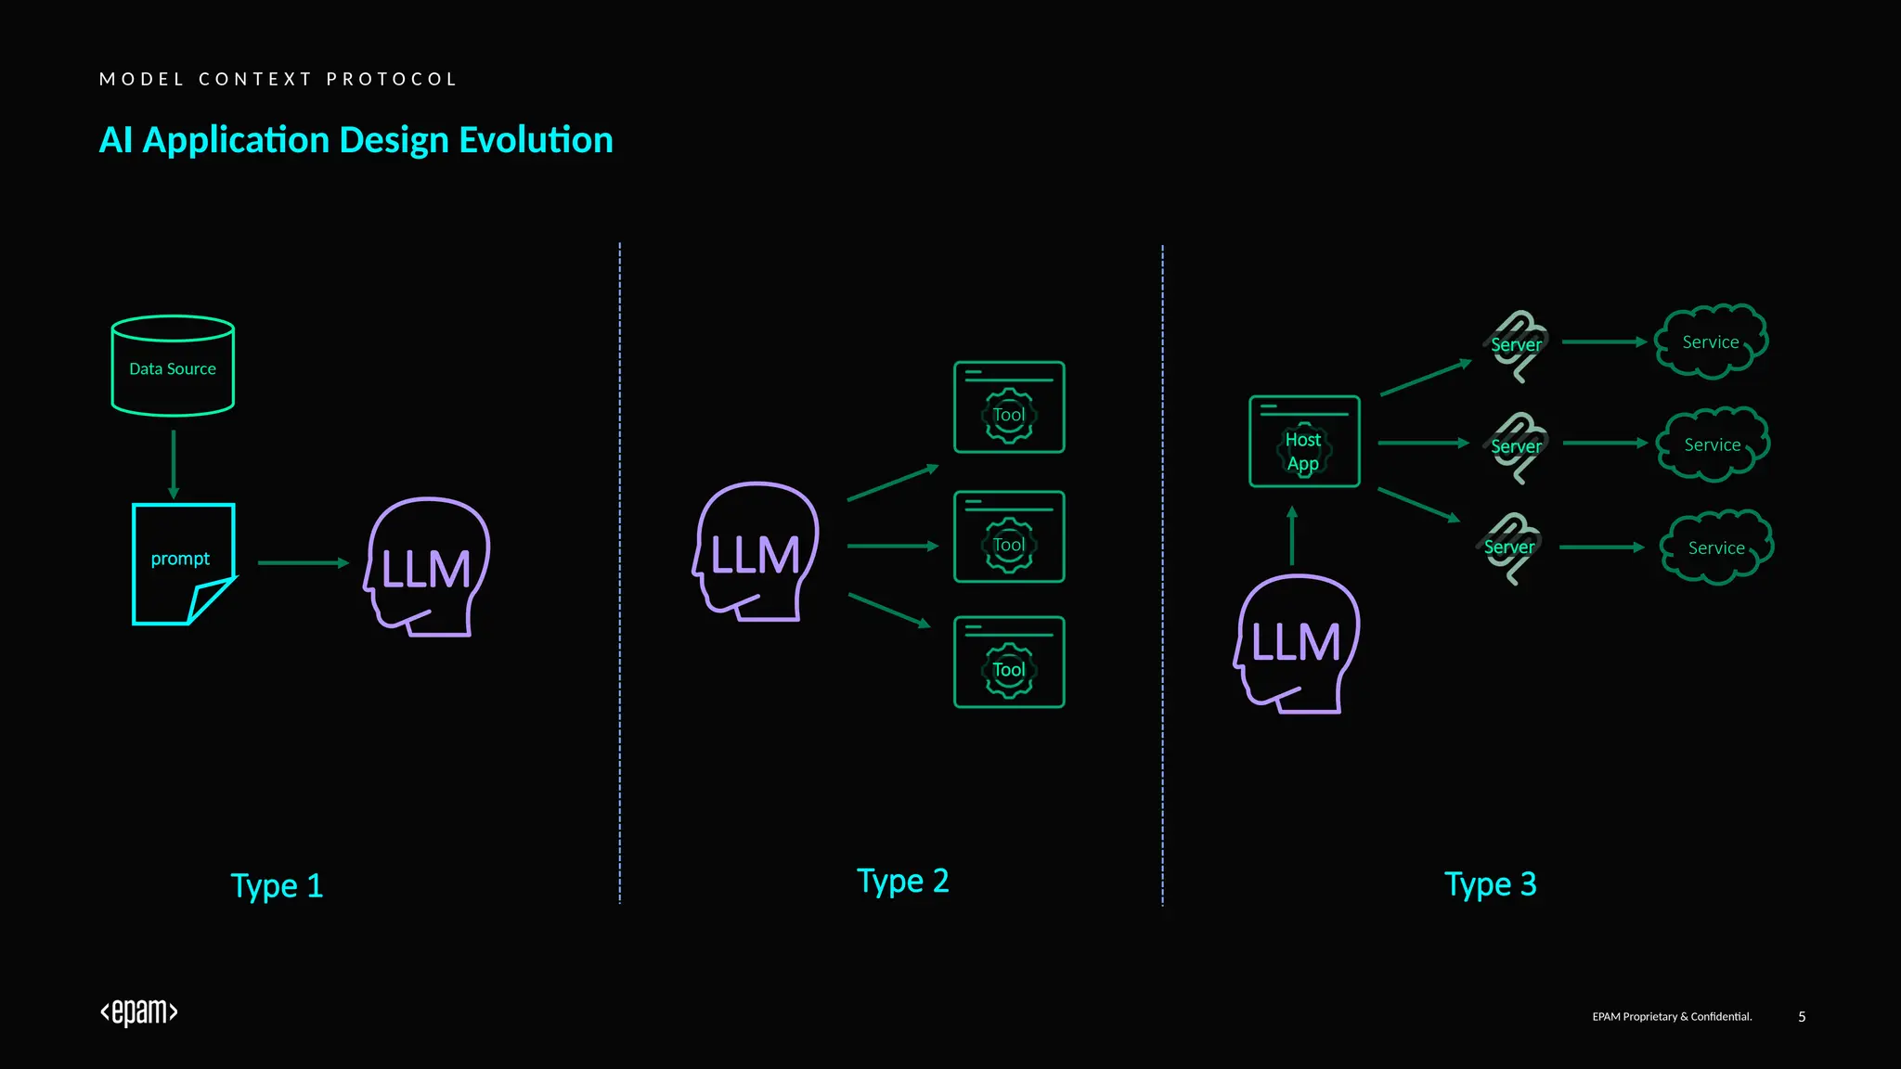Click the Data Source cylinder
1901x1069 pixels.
point(173,367)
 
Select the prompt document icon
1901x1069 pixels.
point(183,563)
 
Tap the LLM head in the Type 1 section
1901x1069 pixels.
point(428,566)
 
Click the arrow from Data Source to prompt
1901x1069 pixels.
point(174,464)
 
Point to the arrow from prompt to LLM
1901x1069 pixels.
point(303,562)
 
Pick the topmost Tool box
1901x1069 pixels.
point(1009,407)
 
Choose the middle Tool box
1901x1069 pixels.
point(1009,537)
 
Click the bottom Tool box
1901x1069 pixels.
point(1009,663)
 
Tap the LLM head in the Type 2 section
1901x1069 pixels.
point(756,552)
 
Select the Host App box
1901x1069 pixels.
point(1304,442)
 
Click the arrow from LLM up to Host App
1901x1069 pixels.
point(1292,535)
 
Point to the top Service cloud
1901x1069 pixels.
point(1712,341)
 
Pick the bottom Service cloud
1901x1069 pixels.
point(1716,547)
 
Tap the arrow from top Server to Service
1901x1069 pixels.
point(1604,341)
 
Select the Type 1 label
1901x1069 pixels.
point(277,886)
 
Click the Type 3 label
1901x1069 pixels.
point(1490,884)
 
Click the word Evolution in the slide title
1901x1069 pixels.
point(536,140)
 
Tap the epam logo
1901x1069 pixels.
point(139,1012)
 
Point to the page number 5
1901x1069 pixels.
point(1802,1017)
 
